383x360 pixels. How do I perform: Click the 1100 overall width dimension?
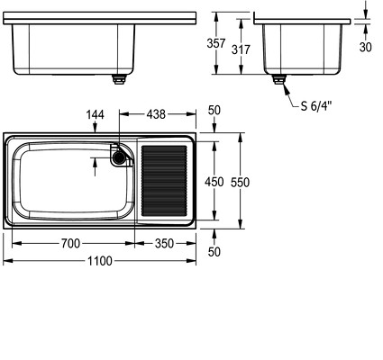pyautogui.click(x=100, y=261)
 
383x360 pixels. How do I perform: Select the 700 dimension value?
pyautogui.click(x=71, y=243)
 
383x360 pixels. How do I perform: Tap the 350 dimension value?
pyautogui.click(x=164, y=243)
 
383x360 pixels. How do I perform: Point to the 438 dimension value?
pyautogui.click(x=156, y=114)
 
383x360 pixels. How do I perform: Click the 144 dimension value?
pyautogui.click(x=95, y=114)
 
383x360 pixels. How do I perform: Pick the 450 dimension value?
pyautogui.click(x=214, y=182)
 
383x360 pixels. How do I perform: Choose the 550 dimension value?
pyautogui.click(x=240, y=183)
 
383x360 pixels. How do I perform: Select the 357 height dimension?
pyautogui.click(x=215, y=43)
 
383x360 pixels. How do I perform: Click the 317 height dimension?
pyautogui.click(x=241, y=49)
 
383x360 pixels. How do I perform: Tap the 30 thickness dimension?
pyautogui.click(x=365, y=47)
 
